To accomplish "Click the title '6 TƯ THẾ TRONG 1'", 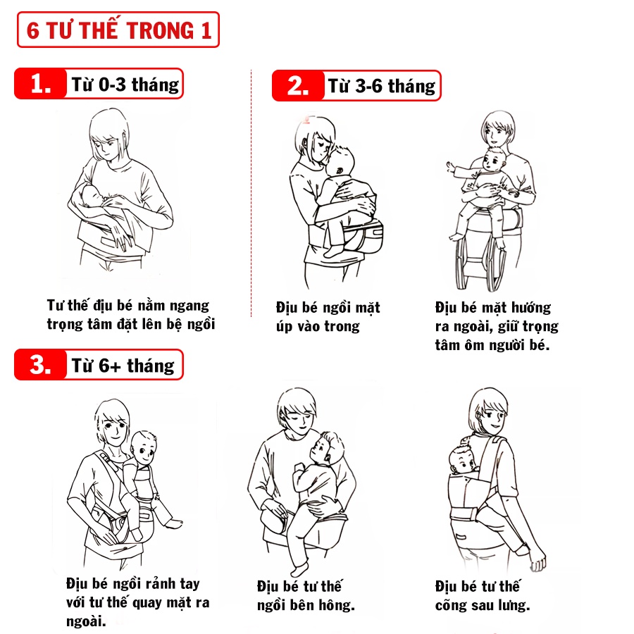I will pos(118,31).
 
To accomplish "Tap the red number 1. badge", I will pos(41,85).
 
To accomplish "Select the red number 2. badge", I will pos(299,86).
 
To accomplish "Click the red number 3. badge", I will pos(41,365).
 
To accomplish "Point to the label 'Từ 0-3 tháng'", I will pos(125,85).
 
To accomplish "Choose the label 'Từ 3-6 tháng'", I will pos(382,86).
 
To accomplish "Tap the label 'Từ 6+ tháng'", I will pos(123,365).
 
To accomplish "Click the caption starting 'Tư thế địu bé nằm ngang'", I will pos(130,315).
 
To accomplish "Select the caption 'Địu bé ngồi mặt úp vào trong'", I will pos(328,317).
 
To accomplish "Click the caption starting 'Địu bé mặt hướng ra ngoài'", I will pos(497,327).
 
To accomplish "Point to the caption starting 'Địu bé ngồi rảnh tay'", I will pos(137,602).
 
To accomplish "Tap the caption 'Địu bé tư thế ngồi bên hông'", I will pos(306,596).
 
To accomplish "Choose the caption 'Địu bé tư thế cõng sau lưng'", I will pos(483,596).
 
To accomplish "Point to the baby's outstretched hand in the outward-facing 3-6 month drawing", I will pos(450,167).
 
